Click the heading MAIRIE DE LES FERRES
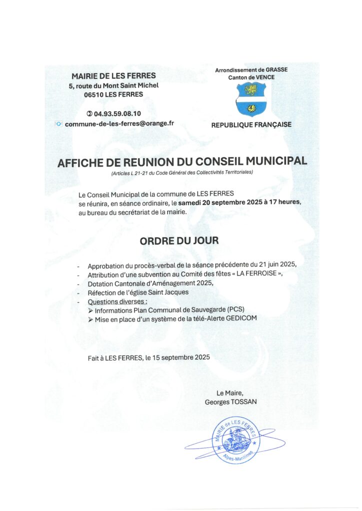coord(113,76)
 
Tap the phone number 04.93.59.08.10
coord(117,114)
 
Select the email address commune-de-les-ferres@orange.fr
coord(119,124)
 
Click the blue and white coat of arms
coord(250,98)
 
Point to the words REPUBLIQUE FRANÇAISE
coord(251,125)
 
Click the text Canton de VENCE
coord(251,77)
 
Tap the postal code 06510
coord(94,94)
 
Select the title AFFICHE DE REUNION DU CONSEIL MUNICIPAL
coord(182,162)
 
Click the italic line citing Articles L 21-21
coord(182,173)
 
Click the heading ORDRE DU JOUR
coord(179,241)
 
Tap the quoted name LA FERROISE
coord(255,275)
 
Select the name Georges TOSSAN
coord(230,402)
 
